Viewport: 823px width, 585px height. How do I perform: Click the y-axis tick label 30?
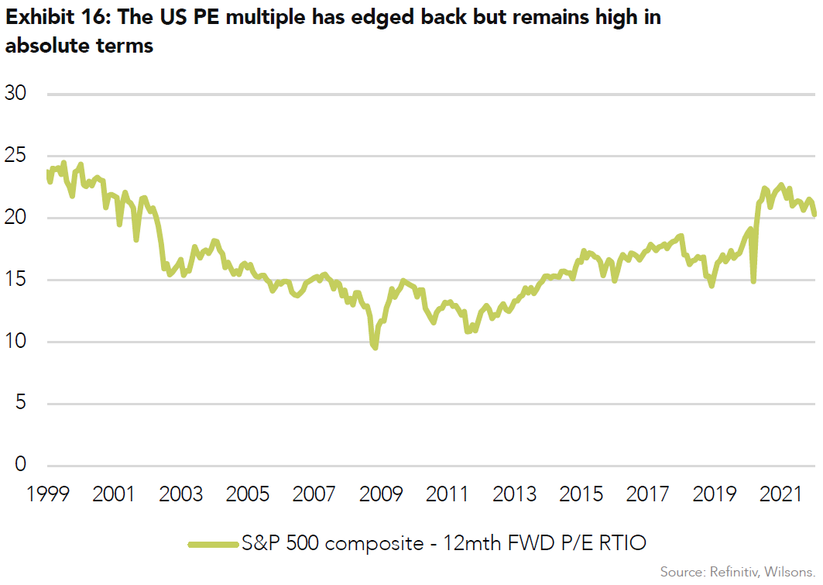(x=16, y=95)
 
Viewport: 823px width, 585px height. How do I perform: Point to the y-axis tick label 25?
(x=16, y=157)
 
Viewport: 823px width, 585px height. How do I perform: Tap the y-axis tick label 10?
(x=16, y=342)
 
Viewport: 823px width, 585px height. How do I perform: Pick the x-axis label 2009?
(x=380, y=494)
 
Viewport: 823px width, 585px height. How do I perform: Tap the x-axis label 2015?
(x=581, y=494)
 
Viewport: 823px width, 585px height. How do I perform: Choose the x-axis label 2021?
(x=780, y=494)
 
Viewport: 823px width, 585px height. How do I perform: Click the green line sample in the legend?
(x=213, y=544)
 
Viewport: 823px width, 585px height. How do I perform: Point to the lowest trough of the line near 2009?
(x=375, y=348)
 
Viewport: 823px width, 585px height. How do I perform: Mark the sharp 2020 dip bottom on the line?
(x=753, y=280)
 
